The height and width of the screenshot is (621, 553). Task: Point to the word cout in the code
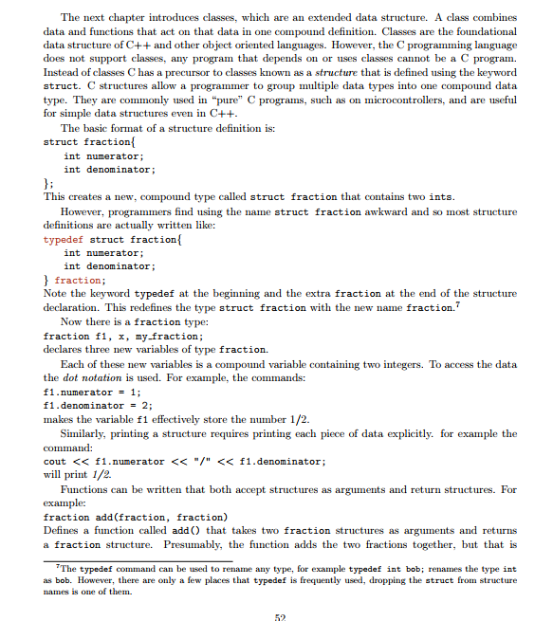click(x=55, y=461)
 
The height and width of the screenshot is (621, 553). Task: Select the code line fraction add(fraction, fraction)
click(x=136, y=517)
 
